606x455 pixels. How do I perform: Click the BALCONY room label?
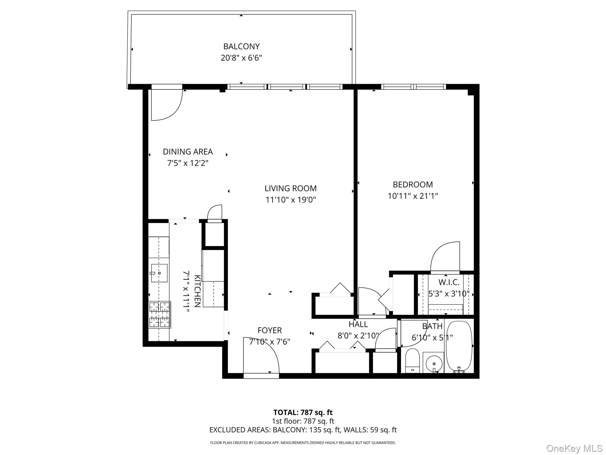point(241,47)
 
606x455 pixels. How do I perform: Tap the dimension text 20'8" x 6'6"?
point(241,58)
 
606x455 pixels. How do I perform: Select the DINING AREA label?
point(188,152)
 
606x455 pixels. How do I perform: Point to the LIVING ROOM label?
point(290,188)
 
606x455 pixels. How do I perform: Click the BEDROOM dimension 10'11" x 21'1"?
point(412,196)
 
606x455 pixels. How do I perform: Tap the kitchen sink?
point(159,273)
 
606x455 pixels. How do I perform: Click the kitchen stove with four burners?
point(159,315)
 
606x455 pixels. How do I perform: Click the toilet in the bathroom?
point(412,361)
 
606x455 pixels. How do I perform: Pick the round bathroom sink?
point(433,363)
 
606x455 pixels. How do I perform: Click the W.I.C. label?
point(449,282)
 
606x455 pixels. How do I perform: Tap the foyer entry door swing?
point(260,355)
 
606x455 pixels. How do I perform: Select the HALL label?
point(358,324)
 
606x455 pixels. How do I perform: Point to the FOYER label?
point(269,330)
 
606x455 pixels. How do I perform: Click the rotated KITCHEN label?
point(197,291)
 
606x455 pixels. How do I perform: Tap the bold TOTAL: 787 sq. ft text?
point(303,412)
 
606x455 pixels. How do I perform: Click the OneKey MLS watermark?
point(574,448)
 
